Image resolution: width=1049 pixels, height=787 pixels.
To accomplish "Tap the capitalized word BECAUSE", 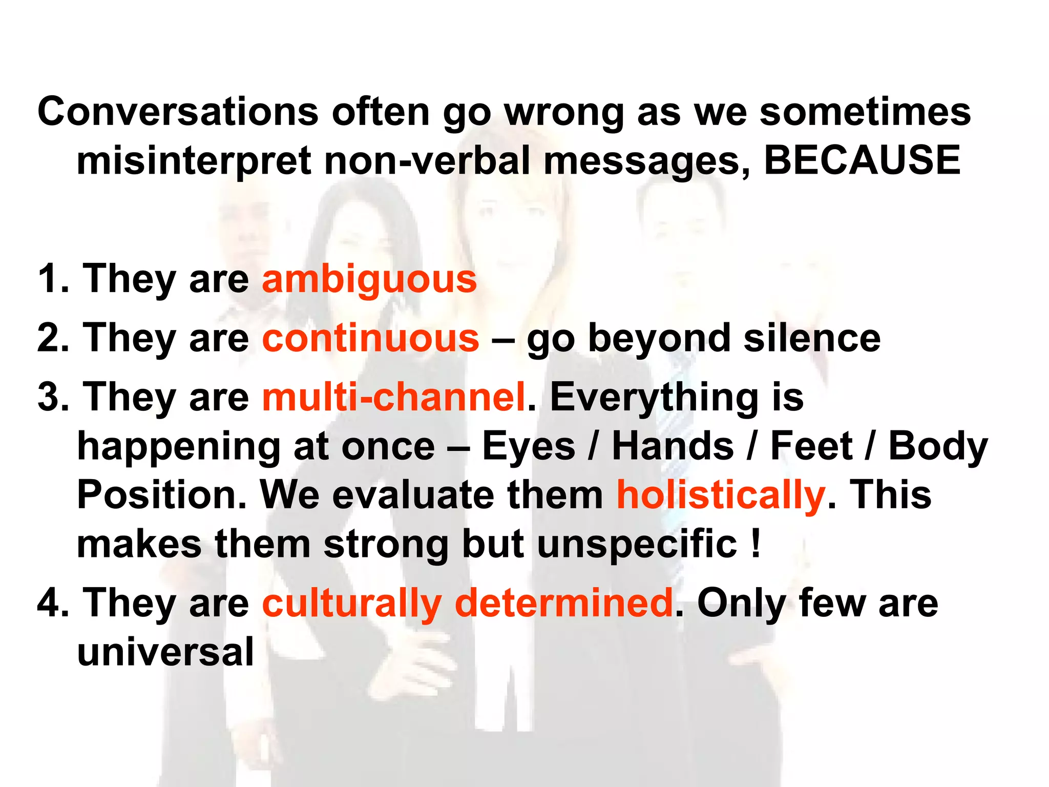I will point(862,160).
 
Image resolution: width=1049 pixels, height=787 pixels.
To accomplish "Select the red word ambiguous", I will point(369,279).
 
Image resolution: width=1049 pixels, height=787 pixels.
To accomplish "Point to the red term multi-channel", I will point(394,397).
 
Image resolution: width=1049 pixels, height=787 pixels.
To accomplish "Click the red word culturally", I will point(352,603).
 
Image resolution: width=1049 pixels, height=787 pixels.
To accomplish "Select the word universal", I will point(165,652).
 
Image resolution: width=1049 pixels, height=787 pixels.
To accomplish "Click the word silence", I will point(812,338).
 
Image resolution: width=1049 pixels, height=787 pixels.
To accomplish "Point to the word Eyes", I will point(529,446).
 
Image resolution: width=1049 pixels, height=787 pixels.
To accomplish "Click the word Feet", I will point(811,446).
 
